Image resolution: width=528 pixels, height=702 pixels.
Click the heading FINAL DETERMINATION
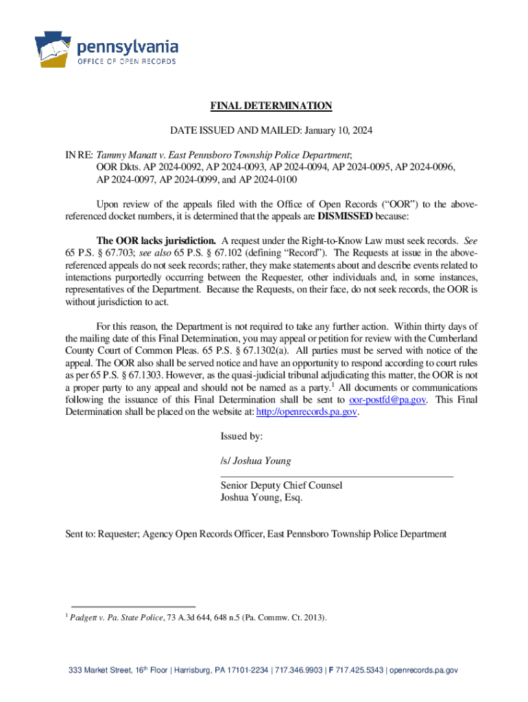[x=271, y=106]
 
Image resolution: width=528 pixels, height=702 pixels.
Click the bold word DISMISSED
[x=344, y=217]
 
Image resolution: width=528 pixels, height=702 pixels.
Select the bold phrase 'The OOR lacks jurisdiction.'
[x=156, y=241]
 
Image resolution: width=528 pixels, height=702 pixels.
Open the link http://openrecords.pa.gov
[x=307, y=412]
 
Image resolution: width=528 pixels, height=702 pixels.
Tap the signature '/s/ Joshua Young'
[x=255, y=461]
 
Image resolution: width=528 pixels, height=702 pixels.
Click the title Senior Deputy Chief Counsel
[x=281, y=485]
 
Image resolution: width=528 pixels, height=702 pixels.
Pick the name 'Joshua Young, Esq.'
[x=261, y=498]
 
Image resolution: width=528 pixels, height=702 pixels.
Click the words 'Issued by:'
[x=241, y=436]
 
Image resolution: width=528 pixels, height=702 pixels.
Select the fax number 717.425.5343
[x=361, y=670]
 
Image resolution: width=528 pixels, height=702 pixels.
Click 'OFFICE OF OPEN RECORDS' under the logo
[x=126, y=62]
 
